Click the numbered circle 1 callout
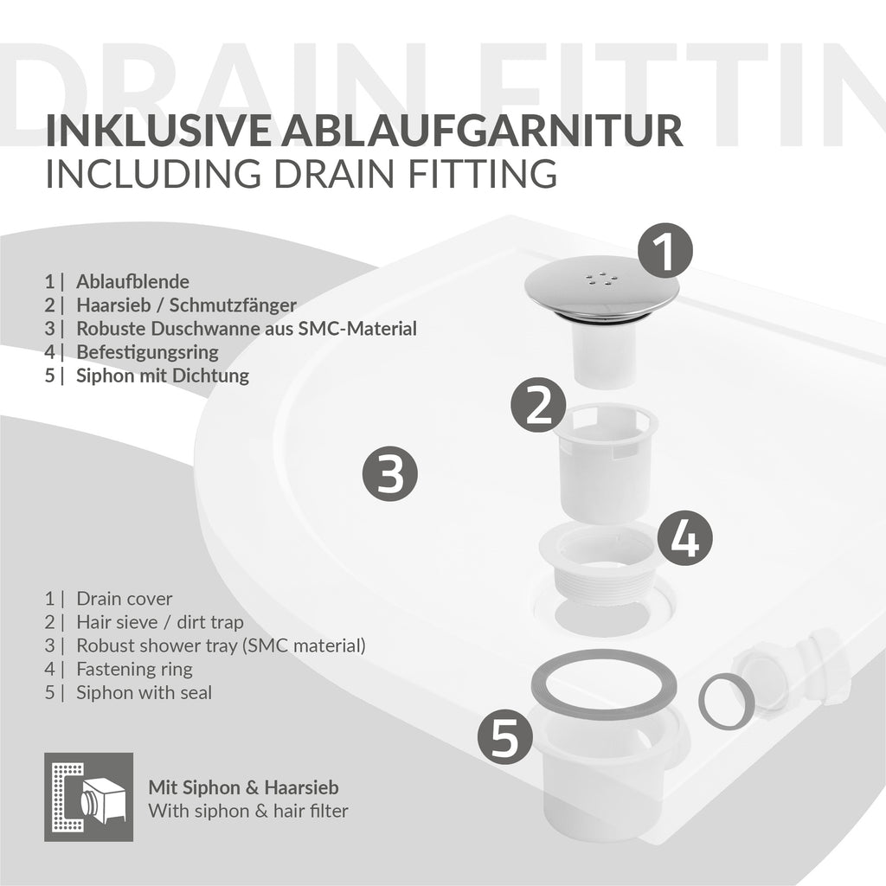[665, 251]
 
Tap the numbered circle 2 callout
[538, 405]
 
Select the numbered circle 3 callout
[390, 473]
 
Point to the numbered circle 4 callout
[685, 537]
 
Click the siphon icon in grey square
[89, 797]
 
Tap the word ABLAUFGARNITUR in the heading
[482, 132]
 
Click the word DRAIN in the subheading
[334, 173]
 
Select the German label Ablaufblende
[132, 281]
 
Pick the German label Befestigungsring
[147, 353]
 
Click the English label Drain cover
[125, 599]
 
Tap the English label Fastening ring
[134, 670]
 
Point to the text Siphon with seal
[144, 693]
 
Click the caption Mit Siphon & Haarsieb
[243, 787]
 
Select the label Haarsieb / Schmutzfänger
[187, 305]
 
